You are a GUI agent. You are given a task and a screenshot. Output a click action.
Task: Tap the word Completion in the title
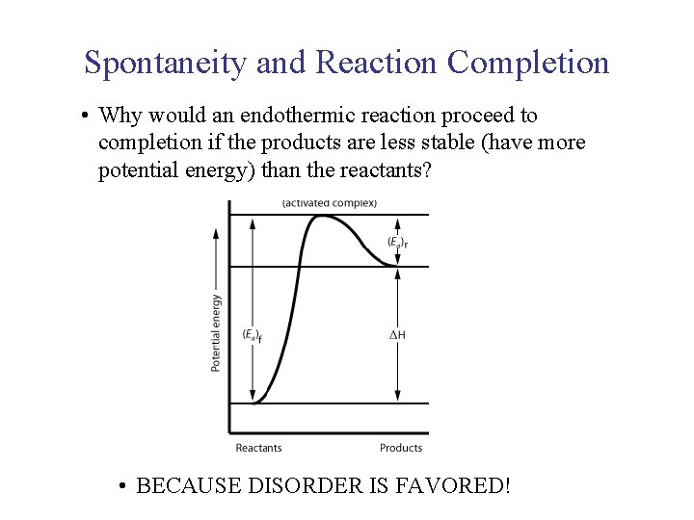tap(528, 63)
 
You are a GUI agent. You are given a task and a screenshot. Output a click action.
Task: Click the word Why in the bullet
tap(120, 117)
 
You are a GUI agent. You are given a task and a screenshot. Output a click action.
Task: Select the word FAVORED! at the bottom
tap(452, 485)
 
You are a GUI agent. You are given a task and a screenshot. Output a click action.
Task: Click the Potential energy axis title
tap(216, 332)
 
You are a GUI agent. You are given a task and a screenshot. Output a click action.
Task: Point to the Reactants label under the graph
tap(258, 448)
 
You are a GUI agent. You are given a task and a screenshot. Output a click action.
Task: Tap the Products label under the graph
tap(401, 448)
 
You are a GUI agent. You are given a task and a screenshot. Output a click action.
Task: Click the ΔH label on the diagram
tap(396, 335)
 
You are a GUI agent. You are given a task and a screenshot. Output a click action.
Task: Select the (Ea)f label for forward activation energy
tap(253, 336)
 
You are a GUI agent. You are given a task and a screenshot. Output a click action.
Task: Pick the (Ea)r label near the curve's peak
tap(396, 242)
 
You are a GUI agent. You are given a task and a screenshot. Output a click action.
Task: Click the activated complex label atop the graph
tap(330, 202)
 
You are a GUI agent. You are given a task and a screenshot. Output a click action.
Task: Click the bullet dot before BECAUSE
tap(121, 486)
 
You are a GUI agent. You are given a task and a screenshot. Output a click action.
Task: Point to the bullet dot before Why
tap(87, 117)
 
